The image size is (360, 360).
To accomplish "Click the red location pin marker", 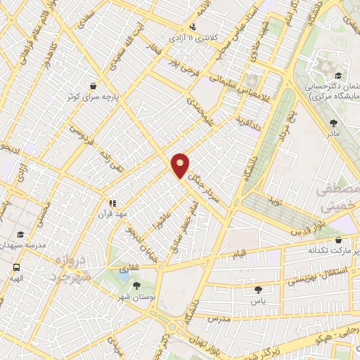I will click(x=180, y=165).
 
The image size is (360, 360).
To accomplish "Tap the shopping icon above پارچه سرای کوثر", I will click(x=92, y=86).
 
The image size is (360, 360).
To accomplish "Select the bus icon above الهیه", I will click(x=15, y=267).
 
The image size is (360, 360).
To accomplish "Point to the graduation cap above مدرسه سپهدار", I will click(x=20, y=234).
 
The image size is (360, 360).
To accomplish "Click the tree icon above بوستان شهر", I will click(x=135, y=285).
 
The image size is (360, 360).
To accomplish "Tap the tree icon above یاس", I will click(x=258, y=289).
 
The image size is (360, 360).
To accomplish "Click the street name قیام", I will click(x=240, y=252).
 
